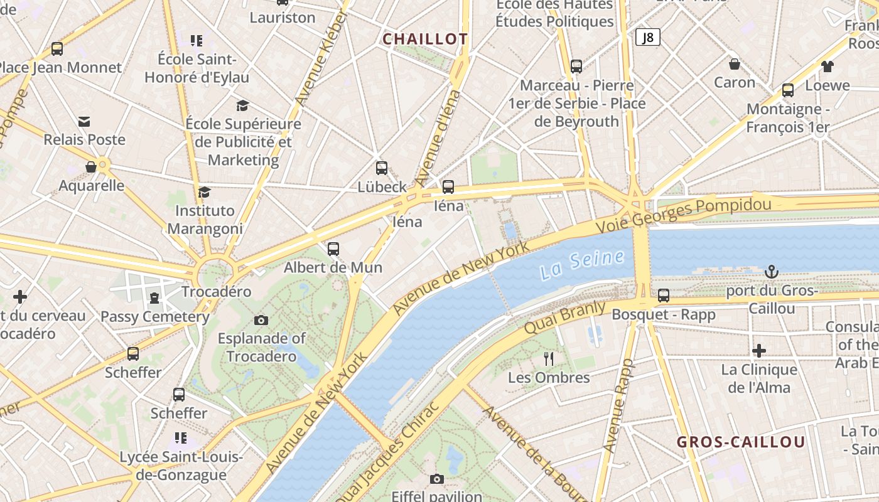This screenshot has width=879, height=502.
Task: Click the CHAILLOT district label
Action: [425, 39]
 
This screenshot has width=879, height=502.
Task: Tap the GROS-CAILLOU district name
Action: [740, 442]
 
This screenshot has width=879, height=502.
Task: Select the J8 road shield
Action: [648, 38]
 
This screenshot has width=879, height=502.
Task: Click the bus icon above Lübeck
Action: [382, 168]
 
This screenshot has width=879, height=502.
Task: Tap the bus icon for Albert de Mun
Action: [333, 249]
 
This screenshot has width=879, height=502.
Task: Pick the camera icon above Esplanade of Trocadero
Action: [261, 321]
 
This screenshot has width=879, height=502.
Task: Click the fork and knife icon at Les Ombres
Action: [549, 359]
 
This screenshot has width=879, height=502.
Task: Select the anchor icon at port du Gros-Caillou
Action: [772, 272]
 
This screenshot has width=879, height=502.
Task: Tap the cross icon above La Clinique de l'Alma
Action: [759, 351]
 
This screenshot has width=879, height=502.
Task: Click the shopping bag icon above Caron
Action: [735, 64]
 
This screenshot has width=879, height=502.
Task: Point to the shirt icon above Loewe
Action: [827, 67]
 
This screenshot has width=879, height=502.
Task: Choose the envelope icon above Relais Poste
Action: [84, 121]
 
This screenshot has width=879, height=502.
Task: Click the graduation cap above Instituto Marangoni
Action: [204, 192]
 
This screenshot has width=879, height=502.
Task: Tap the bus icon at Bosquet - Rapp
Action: [664, 296]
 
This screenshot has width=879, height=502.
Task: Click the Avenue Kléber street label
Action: [320, 60]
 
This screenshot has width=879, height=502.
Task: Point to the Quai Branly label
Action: [565, 318]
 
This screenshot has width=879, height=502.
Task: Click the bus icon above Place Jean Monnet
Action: [57, 49]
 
